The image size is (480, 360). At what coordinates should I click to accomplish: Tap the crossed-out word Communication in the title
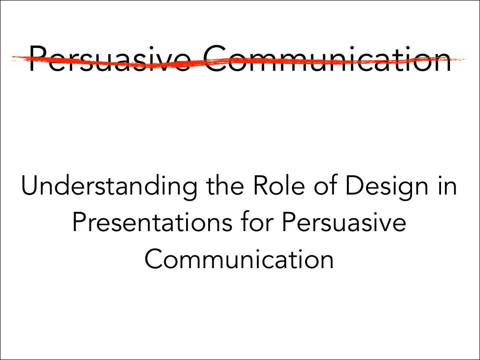(328, 59)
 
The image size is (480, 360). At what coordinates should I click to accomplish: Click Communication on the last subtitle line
(240, 259)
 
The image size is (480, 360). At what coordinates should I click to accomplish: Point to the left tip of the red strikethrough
(13, 58)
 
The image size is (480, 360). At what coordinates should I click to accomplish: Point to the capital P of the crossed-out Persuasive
(37, 59)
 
